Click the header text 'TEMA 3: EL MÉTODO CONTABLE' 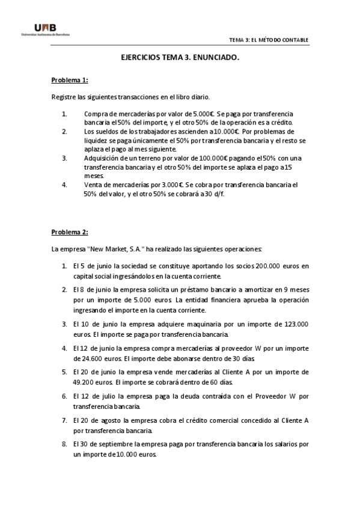(269, 40)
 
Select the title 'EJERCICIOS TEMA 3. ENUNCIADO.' (180, 58)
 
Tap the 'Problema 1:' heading (70, 80)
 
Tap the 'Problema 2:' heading (70, 232)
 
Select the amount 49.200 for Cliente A (87, 381)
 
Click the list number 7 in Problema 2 (64, 420)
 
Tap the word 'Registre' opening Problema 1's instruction (63, 97)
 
